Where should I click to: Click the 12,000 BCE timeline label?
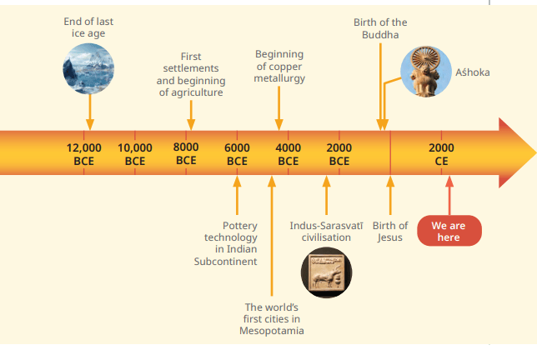[x=84, y=154]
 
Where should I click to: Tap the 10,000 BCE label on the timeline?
[x=135, y=154]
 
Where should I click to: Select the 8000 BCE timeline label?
[x=186, y=153]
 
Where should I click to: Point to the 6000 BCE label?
[x=237, y=154]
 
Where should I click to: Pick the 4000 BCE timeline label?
[x=288, y=154]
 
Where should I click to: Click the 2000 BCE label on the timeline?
[x=339, y=154]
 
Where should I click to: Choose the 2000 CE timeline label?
[x=441, y=154]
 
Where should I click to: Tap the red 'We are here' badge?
[x=449, y=231]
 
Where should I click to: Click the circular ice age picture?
[x=88, y=69]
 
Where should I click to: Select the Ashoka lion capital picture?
[x=426, y=72]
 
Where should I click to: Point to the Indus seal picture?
[x=326, y=272]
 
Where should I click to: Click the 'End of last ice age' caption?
[x=88, y=27]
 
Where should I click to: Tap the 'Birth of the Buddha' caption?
[x=380, y=28]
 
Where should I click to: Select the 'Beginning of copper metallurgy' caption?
[x=279, y=66]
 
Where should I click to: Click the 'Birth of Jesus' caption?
[x=390, y=232]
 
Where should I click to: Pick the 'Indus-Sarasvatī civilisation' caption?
[x=326, y=232]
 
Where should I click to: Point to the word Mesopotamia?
[x=272, y=331]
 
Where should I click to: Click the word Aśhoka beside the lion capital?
[x=473, y=72]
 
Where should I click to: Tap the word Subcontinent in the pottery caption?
[x=225, y=262]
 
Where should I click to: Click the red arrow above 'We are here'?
[x=449, y=196]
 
